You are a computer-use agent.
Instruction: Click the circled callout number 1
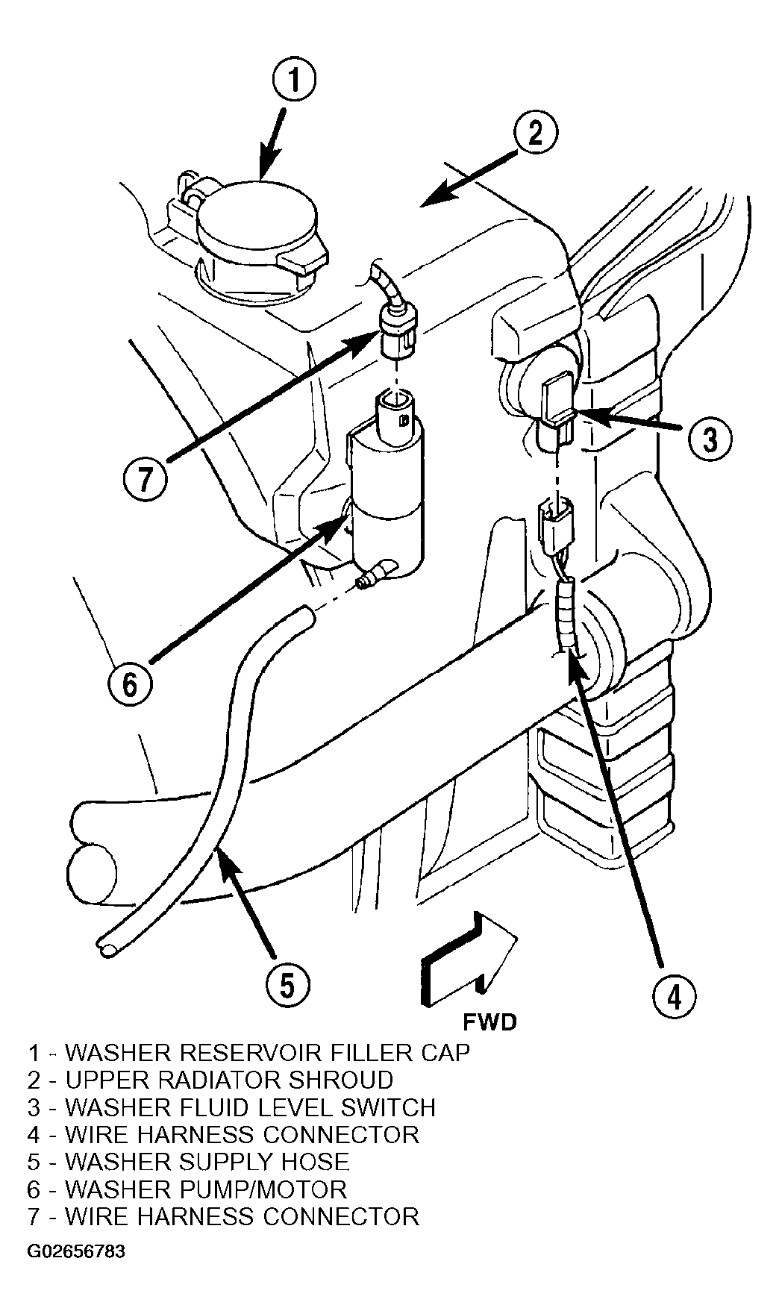coord(294,81)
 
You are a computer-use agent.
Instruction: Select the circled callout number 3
coord(708,439)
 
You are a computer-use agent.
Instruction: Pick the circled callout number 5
coord(287,986)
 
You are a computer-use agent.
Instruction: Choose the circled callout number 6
coord(130,683)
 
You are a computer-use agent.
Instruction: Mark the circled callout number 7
coord(144,478)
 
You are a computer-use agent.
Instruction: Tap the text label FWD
coord(489,1022)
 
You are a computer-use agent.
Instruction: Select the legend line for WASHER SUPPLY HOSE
coord(189,1161)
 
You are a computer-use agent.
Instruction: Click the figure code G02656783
coord(76,1251)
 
